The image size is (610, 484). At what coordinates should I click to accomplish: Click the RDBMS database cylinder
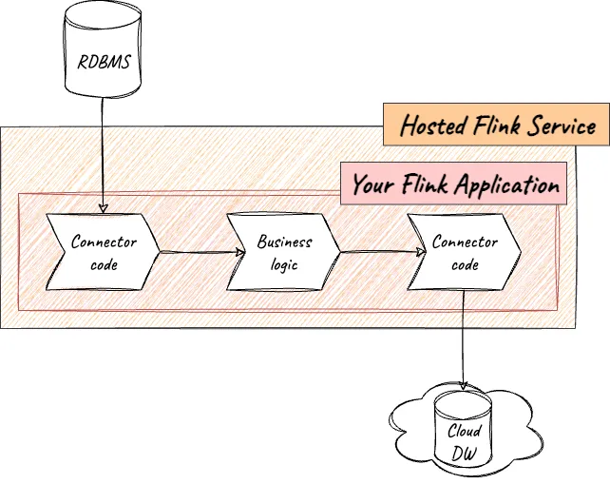100,52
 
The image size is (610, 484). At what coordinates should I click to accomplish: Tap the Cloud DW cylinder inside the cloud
464,433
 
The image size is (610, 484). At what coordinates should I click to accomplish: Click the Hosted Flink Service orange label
497,126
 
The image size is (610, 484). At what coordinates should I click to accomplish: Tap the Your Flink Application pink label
454,184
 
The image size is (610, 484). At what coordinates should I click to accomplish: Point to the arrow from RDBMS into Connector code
100,152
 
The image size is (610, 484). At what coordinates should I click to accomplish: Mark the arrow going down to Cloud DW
463,342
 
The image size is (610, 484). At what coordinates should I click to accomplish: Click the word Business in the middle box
284,242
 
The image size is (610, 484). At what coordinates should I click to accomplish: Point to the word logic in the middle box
284,264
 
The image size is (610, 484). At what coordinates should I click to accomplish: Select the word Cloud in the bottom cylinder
465,431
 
